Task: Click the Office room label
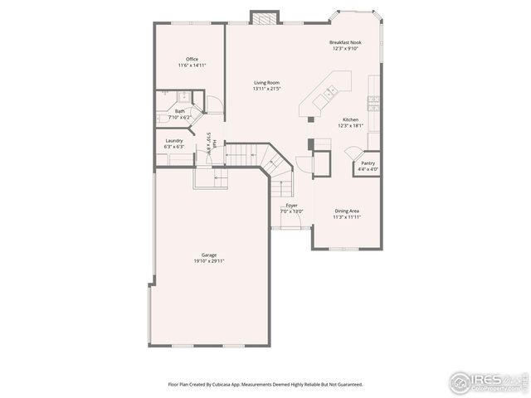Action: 192,59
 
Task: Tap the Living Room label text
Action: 266,83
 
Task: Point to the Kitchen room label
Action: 350,120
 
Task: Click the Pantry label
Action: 367,163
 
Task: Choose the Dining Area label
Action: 348,211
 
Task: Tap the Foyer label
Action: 291,205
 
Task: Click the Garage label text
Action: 208,255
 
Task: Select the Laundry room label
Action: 173,141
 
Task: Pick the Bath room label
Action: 179,111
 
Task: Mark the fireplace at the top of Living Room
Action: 263,17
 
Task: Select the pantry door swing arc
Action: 351,152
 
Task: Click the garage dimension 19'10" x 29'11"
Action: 208,261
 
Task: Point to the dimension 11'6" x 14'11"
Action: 192,65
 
